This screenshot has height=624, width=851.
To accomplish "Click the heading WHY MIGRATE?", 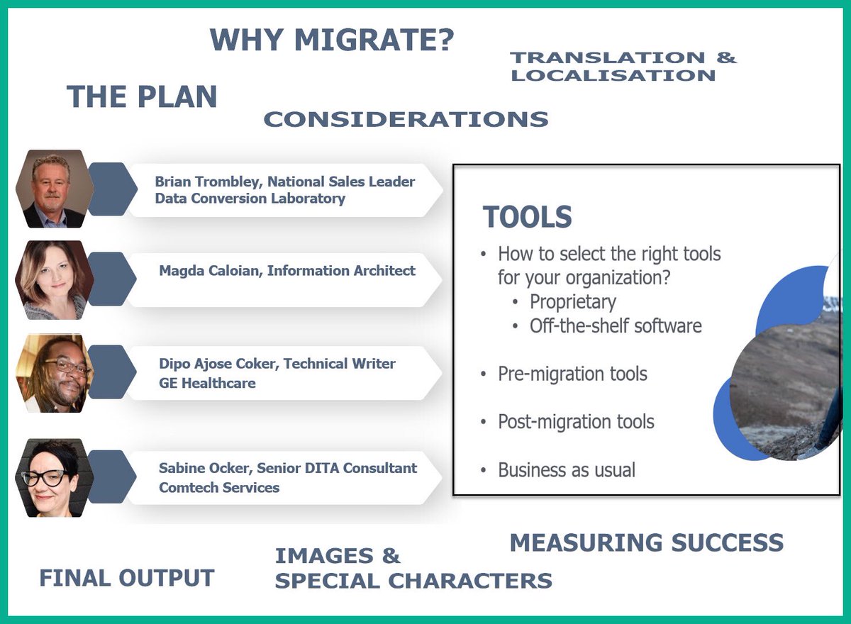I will pyautogui.click(x=332, y=40).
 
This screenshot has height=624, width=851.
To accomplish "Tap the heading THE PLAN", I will pyautogui.click(x=142, y=97).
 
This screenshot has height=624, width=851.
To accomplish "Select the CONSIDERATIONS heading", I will pyautogui.click(x=406, y=119).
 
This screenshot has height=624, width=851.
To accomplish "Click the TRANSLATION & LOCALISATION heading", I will pyautogui.click(x=623, y=67).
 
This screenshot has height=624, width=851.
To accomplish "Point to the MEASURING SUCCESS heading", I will pyautogui.click(x=646, y=543).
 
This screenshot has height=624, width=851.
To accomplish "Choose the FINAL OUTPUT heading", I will pyautogui.click(x=126, y=578).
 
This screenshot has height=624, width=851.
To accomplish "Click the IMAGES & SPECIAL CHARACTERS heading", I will pyautogui.click(x=413, y=568).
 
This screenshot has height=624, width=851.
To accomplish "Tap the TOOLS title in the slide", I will pyautogui.click(x=527, y=217).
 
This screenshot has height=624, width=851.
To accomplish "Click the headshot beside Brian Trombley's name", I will pyautogui.click(x=52, y=189).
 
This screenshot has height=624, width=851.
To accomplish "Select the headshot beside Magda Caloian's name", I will pyautogui.click(x=52, y=280).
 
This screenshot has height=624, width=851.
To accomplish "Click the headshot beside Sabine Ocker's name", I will pyautogui.click(x=52, y=477).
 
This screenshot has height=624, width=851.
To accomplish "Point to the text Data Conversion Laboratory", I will pyautogui.click(x=250, y=199).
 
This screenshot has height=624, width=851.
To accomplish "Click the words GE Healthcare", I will pyautogui.click(x=207, y=383).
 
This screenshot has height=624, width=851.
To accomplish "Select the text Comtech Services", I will pyautogui.click(x=219, y=487).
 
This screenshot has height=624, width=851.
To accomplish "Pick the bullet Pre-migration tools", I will pyautogui.click(x=572, y=374).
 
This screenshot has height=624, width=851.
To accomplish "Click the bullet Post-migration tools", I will pyautogui.click(x=576, y=422).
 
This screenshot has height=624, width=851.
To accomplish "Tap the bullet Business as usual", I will pyautogui.click(x=567, y=469).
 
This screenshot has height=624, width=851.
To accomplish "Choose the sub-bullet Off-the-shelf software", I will pyautogui.click(x=615, y=325).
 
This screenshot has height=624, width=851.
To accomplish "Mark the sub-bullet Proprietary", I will pyautogui.click(x=573, y=301).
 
